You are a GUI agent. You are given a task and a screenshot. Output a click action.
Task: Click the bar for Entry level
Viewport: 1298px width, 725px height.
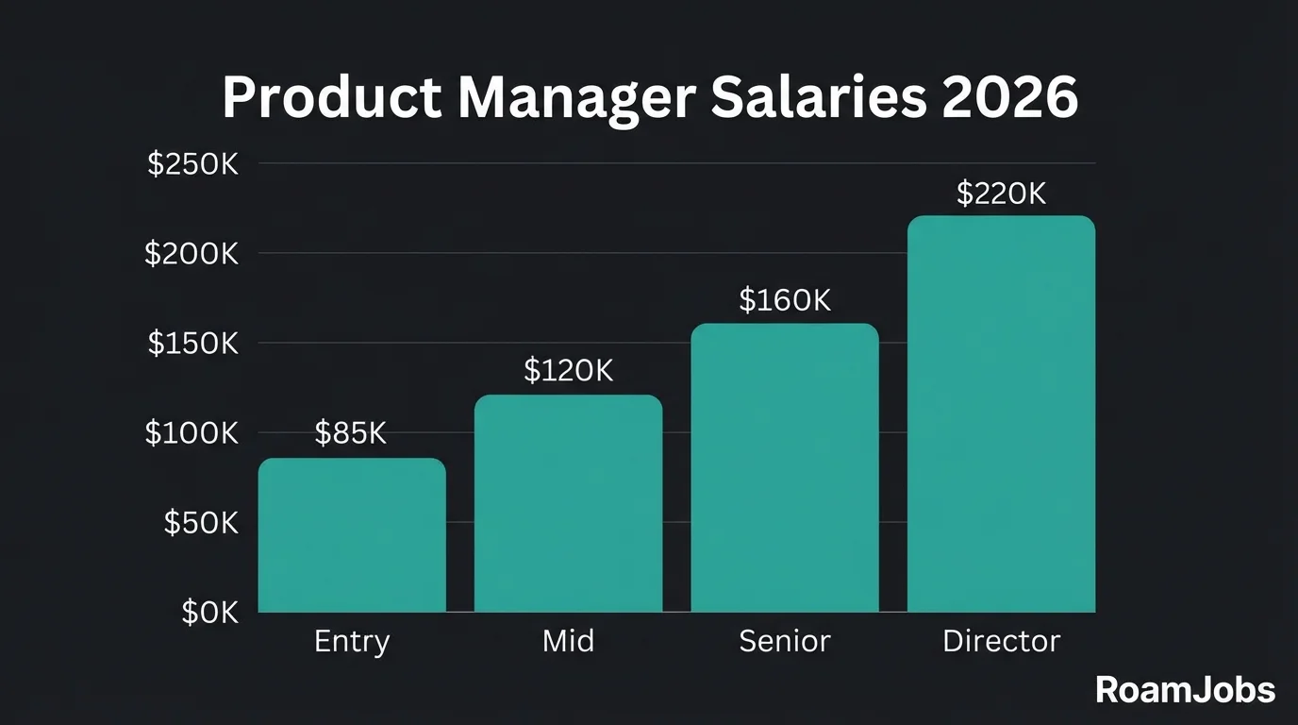(352, 535)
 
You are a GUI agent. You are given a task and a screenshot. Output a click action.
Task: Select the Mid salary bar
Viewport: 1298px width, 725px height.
(568, 503)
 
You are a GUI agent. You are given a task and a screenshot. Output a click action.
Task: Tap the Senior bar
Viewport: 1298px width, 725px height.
(785, 467)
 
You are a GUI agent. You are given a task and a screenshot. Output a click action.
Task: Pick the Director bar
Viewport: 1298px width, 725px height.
(1001, 413)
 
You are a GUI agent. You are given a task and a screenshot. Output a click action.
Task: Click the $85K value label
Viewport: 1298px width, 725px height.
(351, 433)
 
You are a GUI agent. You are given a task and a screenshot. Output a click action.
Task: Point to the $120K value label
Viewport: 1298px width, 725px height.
(568, 371)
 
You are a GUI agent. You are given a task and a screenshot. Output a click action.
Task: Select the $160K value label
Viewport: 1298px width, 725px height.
(785, 300)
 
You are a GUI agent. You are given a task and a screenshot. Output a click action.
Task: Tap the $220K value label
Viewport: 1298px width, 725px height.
(1001, 194)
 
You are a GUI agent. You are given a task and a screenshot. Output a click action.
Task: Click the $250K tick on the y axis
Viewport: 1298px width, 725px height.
(192, 164)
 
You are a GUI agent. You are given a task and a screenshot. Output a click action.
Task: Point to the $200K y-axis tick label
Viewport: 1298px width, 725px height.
(191, 254)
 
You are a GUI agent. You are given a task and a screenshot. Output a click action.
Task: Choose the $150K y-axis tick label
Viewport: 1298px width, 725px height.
(192, 344)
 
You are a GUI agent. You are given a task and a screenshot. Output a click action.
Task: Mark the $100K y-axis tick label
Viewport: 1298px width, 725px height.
(191, 433)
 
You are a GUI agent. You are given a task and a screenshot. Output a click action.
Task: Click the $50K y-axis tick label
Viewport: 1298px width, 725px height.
(201, 523)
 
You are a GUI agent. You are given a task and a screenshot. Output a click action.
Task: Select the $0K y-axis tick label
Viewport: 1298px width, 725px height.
(209, 613)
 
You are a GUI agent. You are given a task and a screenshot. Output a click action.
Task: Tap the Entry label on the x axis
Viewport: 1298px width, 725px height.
(351, 642)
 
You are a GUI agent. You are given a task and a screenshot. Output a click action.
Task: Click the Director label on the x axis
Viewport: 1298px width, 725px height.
(1001, 642)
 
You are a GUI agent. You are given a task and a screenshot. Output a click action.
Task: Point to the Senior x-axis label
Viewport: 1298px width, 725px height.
(785, 642)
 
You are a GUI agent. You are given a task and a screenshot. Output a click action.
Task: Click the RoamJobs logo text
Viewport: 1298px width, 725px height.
(1185, 690)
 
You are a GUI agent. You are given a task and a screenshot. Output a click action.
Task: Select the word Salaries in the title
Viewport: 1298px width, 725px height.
(819, 97)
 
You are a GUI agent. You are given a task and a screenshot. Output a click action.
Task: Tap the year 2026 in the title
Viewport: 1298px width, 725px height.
(1009, 97)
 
